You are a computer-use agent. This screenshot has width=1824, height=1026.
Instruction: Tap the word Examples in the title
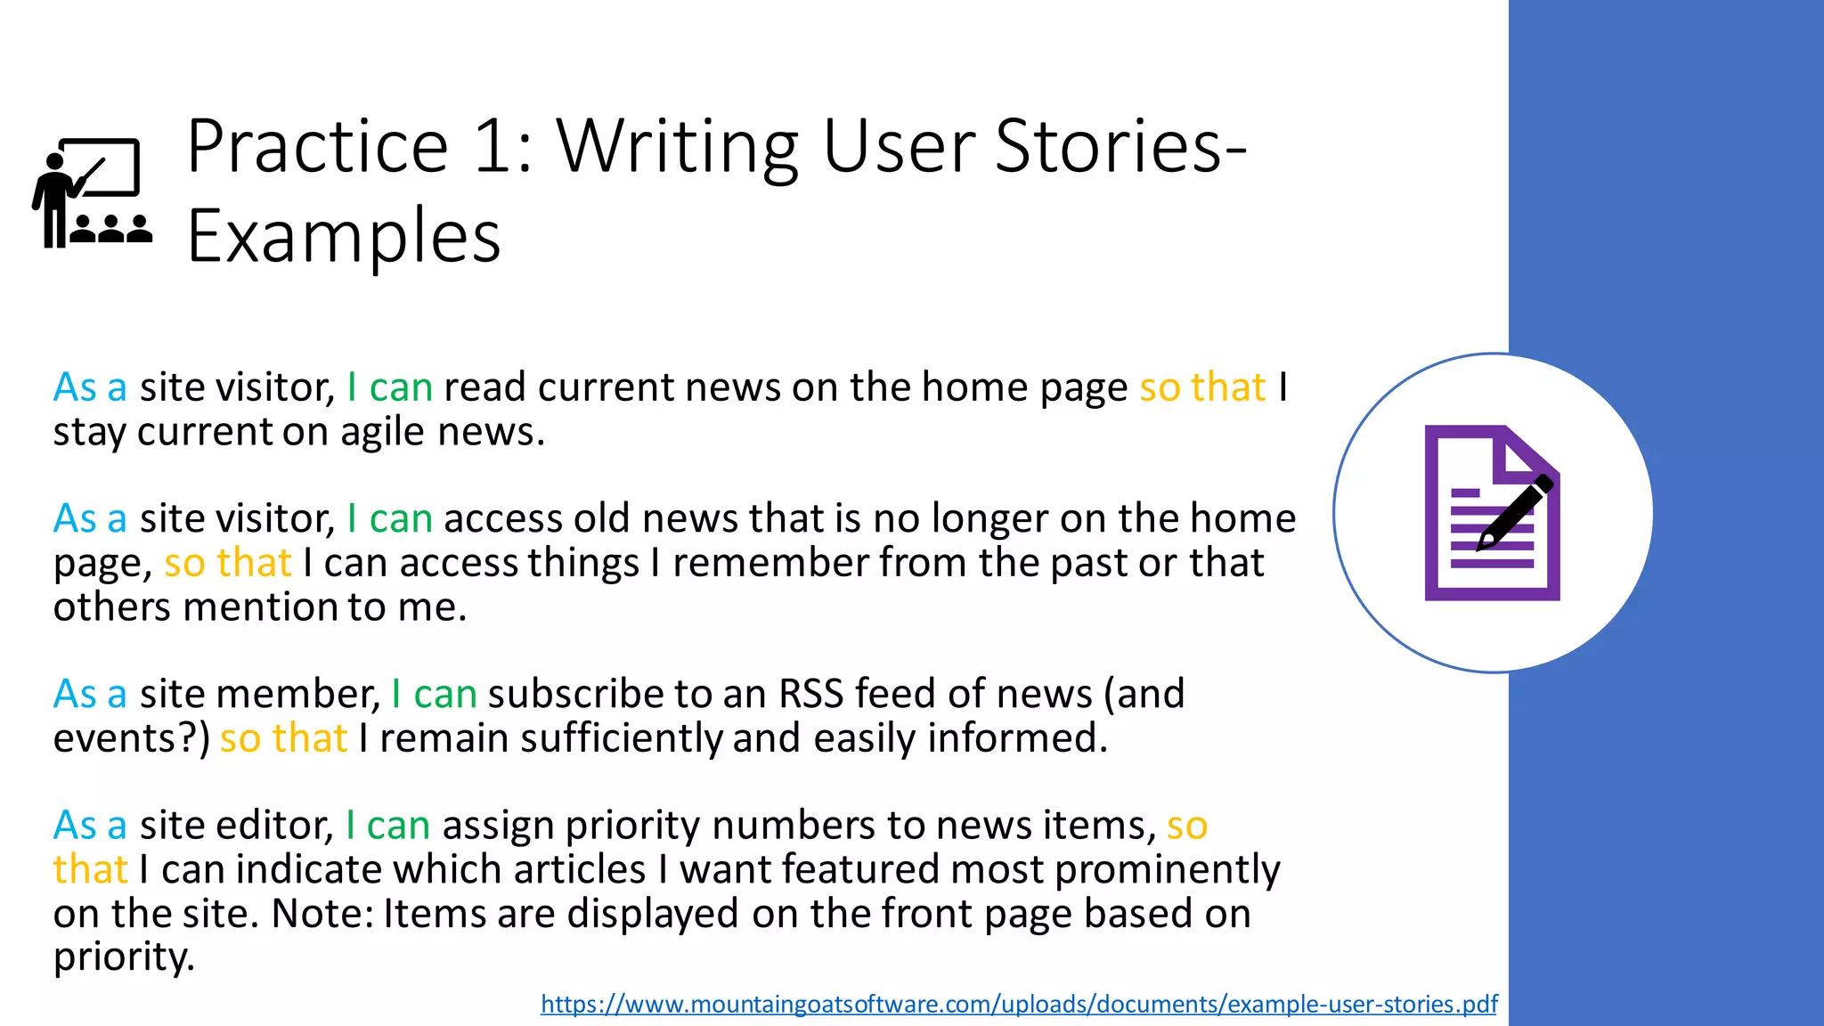click(344, 238)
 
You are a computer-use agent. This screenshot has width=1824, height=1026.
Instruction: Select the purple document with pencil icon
click(1492, 513)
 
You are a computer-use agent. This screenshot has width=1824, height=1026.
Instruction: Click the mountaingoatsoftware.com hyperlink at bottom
click(1018, 1005)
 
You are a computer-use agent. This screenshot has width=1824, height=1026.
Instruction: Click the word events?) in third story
click(131, 739)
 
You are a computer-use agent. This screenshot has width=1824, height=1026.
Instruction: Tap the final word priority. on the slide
click(124, 958)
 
